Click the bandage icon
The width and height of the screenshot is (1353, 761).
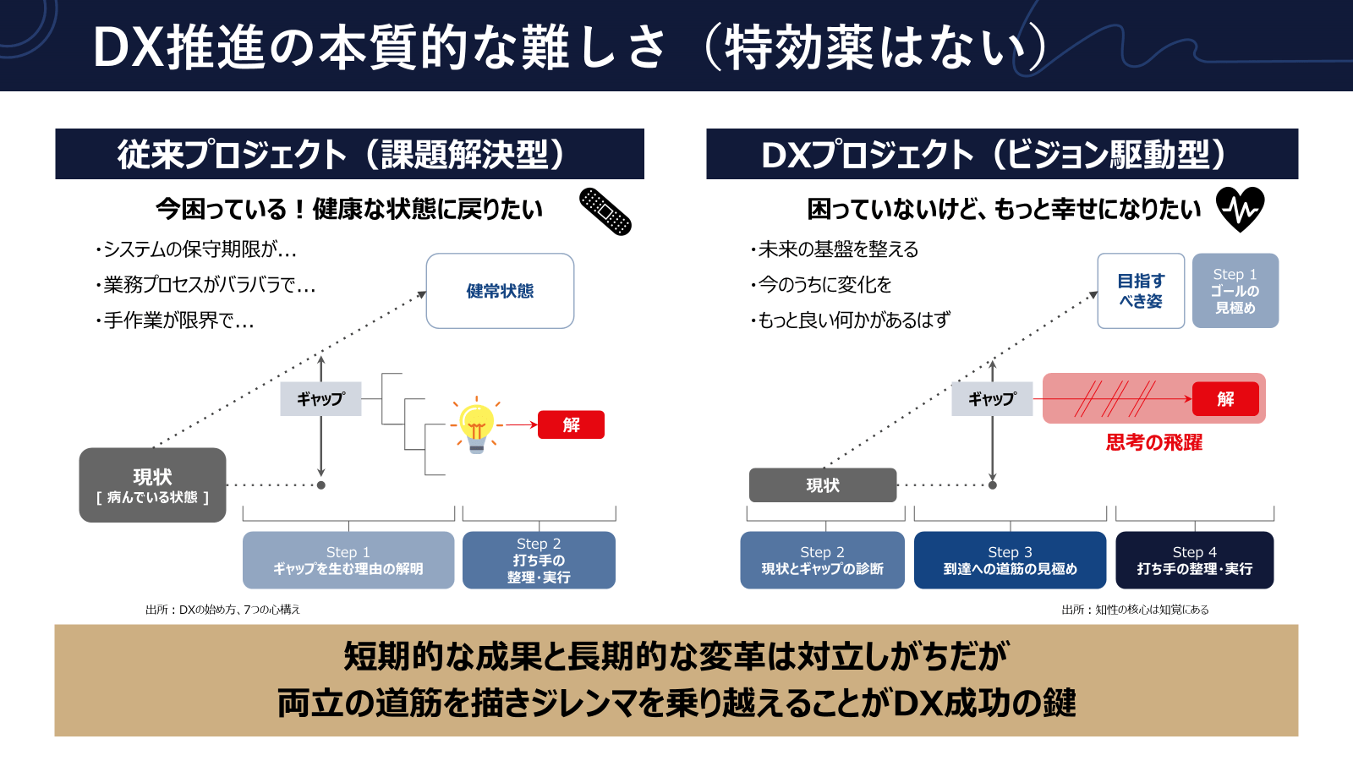(x=605, y=211)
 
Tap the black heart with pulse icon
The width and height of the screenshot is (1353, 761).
(x=1240, y=209)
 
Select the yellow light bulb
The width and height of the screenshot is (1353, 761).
(x=476, y=425)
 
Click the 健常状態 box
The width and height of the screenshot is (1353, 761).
(x=500, y=291)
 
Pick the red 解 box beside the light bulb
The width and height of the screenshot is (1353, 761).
(x=572, y=424)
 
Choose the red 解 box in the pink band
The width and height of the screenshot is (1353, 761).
(x=1225, y=399)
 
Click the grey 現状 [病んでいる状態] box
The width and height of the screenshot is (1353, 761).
(x=152, y=485)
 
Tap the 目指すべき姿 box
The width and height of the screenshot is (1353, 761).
(x=1141, y=291)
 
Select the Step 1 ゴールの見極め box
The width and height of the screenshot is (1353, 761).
(x=1235, y=291)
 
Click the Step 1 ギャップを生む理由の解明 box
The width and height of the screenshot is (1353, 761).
(x=348, y=560)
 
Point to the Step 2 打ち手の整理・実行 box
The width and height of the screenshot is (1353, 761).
(x=539, y=560)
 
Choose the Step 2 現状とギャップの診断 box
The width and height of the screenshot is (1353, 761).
(x=822, y=560)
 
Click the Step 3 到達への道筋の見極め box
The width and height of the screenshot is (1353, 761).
(x=1010, y=560)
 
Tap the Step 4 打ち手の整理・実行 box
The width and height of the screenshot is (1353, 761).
(x=1194, y=560)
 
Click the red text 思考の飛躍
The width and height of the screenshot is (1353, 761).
(x=1154, y=442)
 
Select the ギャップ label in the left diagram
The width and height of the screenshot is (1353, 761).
(x=320, y=399)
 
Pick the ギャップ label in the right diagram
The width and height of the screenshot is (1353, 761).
(x=992, y=399)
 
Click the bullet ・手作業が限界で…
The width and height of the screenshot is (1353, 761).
(x=175, y=320)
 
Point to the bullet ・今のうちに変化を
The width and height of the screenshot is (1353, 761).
(x=821, y=285)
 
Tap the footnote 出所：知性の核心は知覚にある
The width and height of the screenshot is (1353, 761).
(x=1135, y=610)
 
